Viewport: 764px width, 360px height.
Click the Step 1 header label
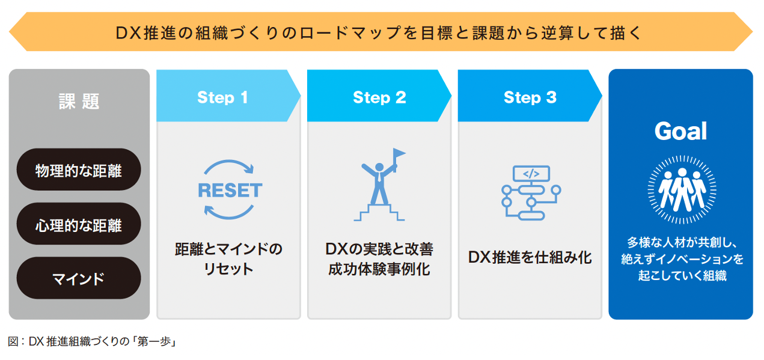coord(222,97)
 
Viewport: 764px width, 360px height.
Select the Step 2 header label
coord(379,97)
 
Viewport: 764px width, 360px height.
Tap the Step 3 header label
coord(530,97)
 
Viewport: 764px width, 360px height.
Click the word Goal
coord(680,131)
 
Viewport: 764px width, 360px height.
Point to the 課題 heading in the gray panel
coord(79,101)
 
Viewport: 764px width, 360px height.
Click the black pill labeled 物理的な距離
coord(79,169)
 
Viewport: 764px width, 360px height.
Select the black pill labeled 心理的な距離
coord(79,224)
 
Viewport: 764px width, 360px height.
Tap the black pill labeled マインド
coord(79,278)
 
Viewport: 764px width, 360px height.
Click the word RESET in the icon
coord(230,191)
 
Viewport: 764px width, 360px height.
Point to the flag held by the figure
coord(399,154)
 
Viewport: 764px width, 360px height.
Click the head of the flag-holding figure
coord(379,167)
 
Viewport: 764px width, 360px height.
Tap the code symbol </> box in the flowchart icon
coord(531,174)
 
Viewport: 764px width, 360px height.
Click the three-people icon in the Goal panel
coord(682,189)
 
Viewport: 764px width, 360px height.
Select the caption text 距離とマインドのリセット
coord(228,259)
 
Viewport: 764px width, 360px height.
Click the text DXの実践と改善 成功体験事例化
coord(379,259)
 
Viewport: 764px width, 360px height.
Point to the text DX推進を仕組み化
coord(530,257)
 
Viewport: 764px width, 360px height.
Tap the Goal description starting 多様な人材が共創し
coord(682,259)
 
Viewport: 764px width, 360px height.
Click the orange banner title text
coord(379,33)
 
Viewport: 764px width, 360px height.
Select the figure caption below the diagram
coord(92,341)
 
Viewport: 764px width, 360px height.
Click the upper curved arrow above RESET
coord(228,162)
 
